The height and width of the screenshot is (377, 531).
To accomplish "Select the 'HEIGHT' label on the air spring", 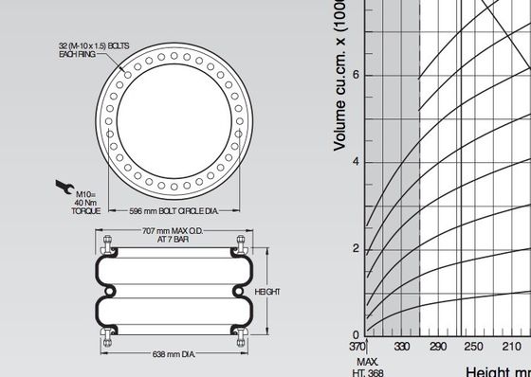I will [x=266, y=292].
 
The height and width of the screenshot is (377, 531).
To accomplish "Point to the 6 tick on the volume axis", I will [x=355, y=75].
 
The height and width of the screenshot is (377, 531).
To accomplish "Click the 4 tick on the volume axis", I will [x=355, y=162].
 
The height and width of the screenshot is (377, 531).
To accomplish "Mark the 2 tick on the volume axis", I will [x=355, y=248].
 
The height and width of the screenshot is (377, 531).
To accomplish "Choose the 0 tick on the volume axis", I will [x=355, y=335].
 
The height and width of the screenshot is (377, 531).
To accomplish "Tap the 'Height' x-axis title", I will [x=489, y=371].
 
